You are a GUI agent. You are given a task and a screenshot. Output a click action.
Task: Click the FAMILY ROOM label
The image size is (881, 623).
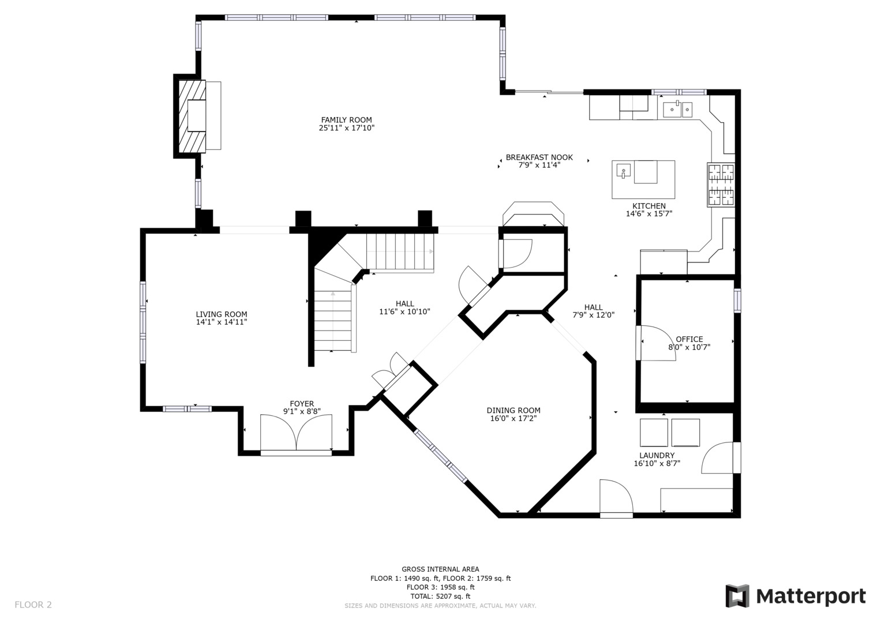(x=346, y=120)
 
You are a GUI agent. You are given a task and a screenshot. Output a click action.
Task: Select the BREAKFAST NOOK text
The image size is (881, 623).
(x=539, y=157)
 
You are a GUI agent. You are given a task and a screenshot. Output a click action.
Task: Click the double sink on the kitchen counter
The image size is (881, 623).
(x=678, y=110)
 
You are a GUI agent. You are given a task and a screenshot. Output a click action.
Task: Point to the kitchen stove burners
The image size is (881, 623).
(x=721, y=185)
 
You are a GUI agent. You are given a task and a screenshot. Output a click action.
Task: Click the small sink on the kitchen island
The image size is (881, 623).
(x=624, y=171)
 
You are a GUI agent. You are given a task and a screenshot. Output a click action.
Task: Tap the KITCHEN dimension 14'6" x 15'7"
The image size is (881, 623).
(x=649, y=213)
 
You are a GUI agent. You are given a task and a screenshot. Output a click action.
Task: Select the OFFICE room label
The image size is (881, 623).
(x=689, y=339)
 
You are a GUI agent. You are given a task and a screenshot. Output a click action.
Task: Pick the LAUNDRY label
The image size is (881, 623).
(x=657, y=456)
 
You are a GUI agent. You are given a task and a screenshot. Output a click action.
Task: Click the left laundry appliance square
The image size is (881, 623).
(x=654, y=433)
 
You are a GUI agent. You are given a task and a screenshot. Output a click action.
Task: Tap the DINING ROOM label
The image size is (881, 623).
(x=513, y=410)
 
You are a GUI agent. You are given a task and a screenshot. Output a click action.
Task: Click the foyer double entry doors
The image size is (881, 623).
(x=296, y=433)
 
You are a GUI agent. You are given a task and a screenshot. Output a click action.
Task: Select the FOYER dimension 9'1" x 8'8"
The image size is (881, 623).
(x=302, y=411)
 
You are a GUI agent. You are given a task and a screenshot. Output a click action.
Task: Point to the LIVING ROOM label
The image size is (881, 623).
(x=222, y=314)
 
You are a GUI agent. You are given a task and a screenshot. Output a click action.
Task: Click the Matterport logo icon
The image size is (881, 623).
(x=737, y=596)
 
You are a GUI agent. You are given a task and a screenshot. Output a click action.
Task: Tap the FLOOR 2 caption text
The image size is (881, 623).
(x=33, y=605)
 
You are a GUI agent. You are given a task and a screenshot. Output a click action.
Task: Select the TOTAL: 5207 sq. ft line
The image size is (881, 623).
(x=441, y=596)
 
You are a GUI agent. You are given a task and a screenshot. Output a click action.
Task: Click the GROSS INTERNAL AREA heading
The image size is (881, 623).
(x=441, y=569)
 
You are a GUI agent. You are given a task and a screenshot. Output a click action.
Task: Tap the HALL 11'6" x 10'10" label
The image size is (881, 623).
(x=404, y=307)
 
